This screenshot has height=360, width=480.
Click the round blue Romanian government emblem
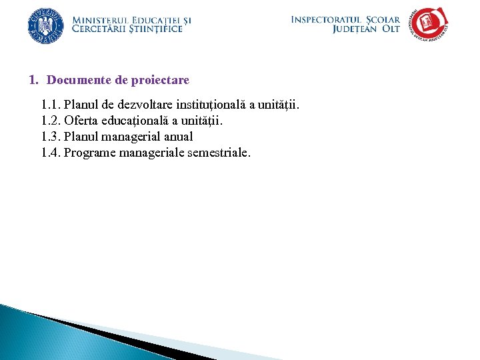tap(45, 25)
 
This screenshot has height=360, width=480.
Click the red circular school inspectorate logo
tap(429, 24)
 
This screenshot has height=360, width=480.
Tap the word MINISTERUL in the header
tap(97, 20)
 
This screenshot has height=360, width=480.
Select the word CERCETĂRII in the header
tap(99, 29)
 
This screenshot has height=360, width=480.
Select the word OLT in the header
tap(391, 29)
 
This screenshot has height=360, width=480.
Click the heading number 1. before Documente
tap(34, 80)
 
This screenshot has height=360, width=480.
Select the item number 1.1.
tap(51, 105)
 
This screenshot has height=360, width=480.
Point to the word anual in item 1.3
tap(177, 137)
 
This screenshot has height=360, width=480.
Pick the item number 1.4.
tap(51, 153)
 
